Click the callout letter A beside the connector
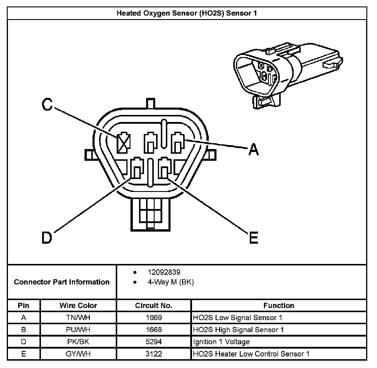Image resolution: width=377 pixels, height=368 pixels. click(x=253, y=149)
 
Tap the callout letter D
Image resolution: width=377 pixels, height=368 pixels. click(x=47, y=237)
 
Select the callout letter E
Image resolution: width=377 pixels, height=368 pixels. click(x=253, y=237)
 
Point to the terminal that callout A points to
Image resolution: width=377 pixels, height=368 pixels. click(x=178, y=143)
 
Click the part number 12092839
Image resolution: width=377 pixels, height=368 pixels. click(x=164, y=272)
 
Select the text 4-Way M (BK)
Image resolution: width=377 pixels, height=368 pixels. click(x=171, y=282)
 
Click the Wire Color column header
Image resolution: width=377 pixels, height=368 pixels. click(x=78, y=305)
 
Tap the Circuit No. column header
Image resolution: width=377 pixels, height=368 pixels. click(x=153, y=305)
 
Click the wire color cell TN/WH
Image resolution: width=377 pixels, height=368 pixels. click(x=78, y=318)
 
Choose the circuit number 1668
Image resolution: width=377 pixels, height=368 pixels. click(x=153, y=330)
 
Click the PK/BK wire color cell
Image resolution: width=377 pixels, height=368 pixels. click(x=78, y=342)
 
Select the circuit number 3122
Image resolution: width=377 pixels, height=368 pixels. click(x=153, y=354)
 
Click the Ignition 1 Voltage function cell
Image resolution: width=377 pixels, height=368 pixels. click(x=221, y=342)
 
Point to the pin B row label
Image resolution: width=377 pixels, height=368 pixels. click(x=24, y=330)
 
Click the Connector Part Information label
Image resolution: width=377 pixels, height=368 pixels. click(x=62, y=282)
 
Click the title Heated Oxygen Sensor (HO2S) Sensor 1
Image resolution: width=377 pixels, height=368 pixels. click(x=187, y=13)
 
